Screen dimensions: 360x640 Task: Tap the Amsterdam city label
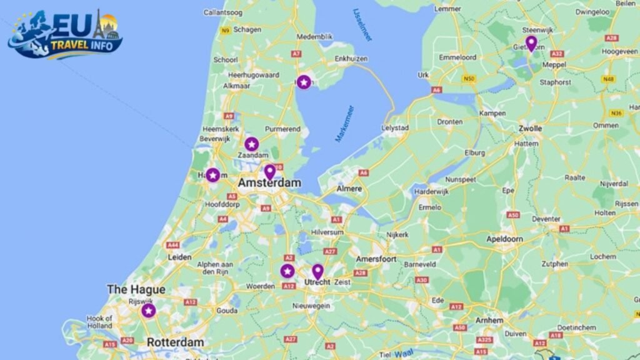[269, 183]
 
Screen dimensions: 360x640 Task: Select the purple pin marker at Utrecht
[317, 271]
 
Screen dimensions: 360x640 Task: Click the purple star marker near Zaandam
[251, 144]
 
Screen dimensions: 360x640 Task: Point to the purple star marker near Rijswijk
[148, 311]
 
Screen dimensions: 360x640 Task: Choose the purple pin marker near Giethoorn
[531, 43]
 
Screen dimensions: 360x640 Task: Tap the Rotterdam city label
[175, 342]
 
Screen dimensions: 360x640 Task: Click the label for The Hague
[136, 289]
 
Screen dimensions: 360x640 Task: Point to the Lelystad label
[395, 128]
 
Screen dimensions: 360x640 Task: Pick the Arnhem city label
[489, 320]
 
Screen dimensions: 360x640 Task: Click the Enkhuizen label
[351, 59]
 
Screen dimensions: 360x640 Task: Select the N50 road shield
[469, 79]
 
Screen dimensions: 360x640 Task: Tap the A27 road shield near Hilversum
[330, 251]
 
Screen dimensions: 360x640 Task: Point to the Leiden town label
[179, 257]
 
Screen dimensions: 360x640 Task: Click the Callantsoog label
[223, 12]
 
